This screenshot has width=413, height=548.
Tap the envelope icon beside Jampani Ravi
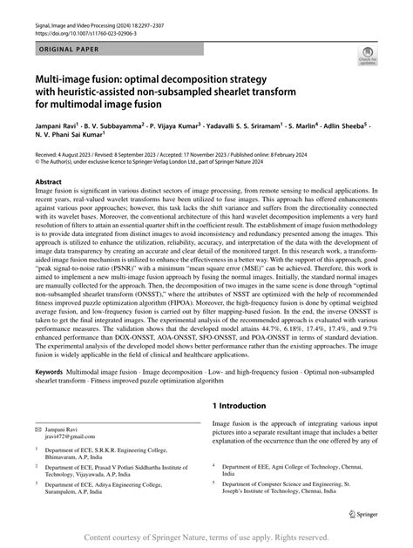38,430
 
